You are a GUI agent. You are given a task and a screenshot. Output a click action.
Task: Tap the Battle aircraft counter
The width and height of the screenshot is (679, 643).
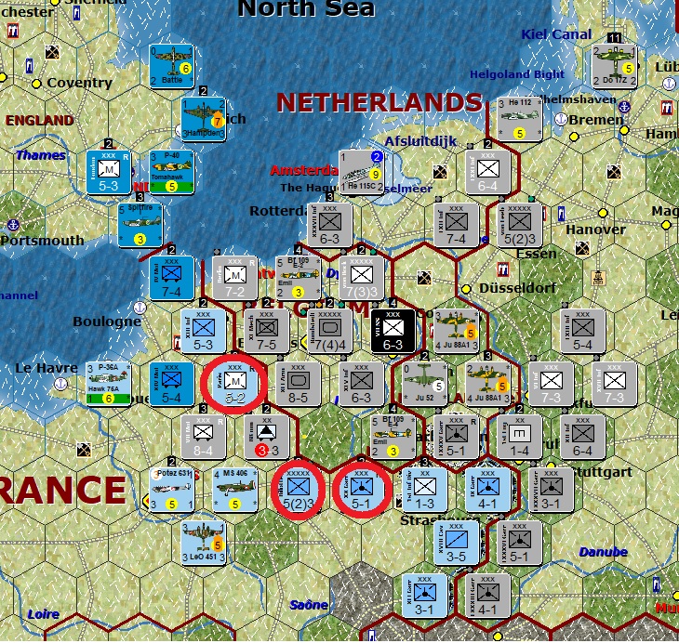(x=172, y=67)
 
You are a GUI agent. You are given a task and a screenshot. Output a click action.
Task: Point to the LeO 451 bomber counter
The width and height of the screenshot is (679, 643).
(x=206, y=543)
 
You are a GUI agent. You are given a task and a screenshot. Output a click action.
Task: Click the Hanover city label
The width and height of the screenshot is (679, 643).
(x=595, y=229)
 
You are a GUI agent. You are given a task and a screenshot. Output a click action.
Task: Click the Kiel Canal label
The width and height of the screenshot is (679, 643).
(x=556, y=34)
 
